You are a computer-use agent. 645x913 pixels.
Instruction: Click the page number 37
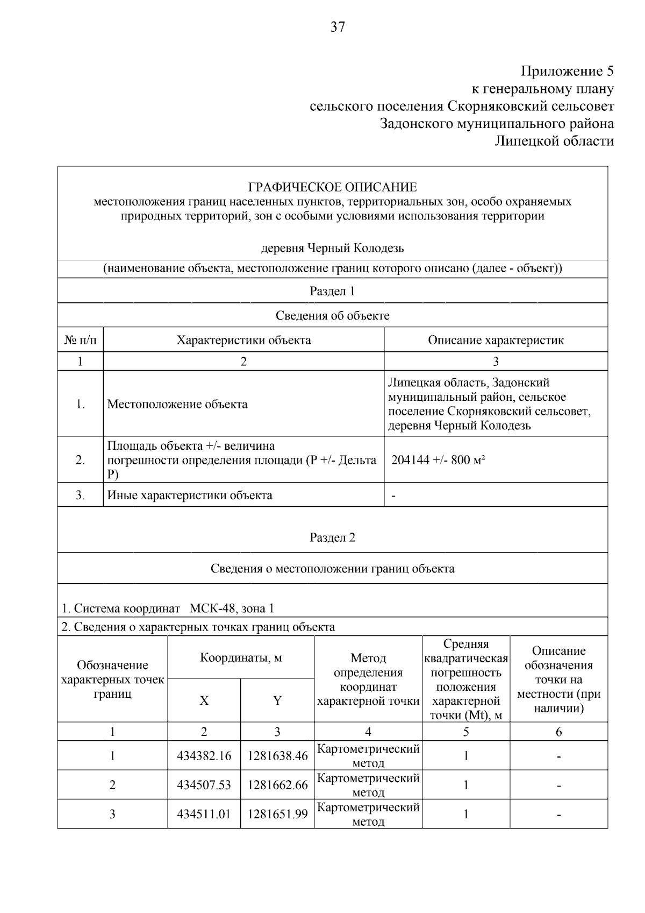(338, 27)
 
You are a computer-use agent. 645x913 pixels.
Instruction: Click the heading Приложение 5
(567, 71)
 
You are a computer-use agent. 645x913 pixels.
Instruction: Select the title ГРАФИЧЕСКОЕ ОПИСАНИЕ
(332, 187)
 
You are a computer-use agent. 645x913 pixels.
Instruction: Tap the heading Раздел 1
(332, 291)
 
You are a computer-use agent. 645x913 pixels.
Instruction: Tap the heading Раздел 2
(332, 537)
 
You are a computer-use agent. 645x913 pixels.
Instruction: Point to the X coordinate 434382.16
(204, 756)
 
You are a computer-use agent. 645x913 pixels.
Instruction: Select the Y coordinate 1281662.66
(277, 785)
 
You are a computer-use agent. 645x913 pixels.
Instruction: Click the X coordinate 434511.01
(204, 814)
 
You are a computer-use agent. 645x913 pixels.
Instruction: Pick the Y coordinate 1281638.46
(277, 756)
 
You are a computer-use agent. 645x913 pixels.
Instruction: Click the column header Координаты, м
(241, 657)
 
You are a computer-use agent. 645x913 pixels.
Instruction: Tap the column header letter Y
(277, 700)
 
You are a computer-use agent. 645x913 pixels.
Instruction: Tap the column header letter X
(204, 700)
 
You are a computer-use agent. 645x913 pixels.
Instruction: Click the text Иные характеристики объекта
(190, 495)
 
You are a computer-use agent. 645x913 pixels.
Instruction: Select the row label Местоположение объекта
(177, 404)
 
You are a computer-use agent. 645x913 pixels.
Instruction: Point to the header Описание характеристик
(496, 340)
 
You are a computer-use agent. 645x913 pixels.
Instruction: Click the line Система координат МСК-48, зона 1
(168, 608)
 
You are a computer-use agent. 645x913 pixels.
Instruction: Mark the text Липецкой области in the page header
(554, 141)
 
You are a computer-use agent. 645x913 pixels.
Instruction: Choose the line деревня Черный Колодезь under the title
(332, 249)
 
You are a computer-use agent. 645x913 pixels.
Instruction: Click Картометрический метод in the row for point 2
(368, 785)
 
